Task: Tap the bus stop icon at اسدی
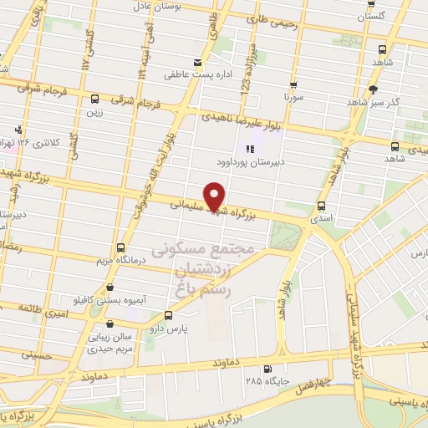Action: coord(321,206)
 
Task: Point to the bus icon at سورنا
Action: coord(293,84)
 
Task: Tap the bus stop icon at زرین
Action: coord(94,99)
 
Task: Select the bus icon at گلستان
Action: coord(372,4)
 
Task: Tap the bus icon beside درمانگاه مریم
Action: coord(121,248)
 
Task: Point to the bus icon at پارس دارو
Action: coord(169,316)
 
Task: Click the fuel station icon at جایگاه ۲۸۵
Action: coord(267,369)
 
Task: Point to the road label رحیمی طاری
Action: coord(267,26)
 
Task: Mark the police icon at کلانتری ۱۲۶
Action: coord(18,129)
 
